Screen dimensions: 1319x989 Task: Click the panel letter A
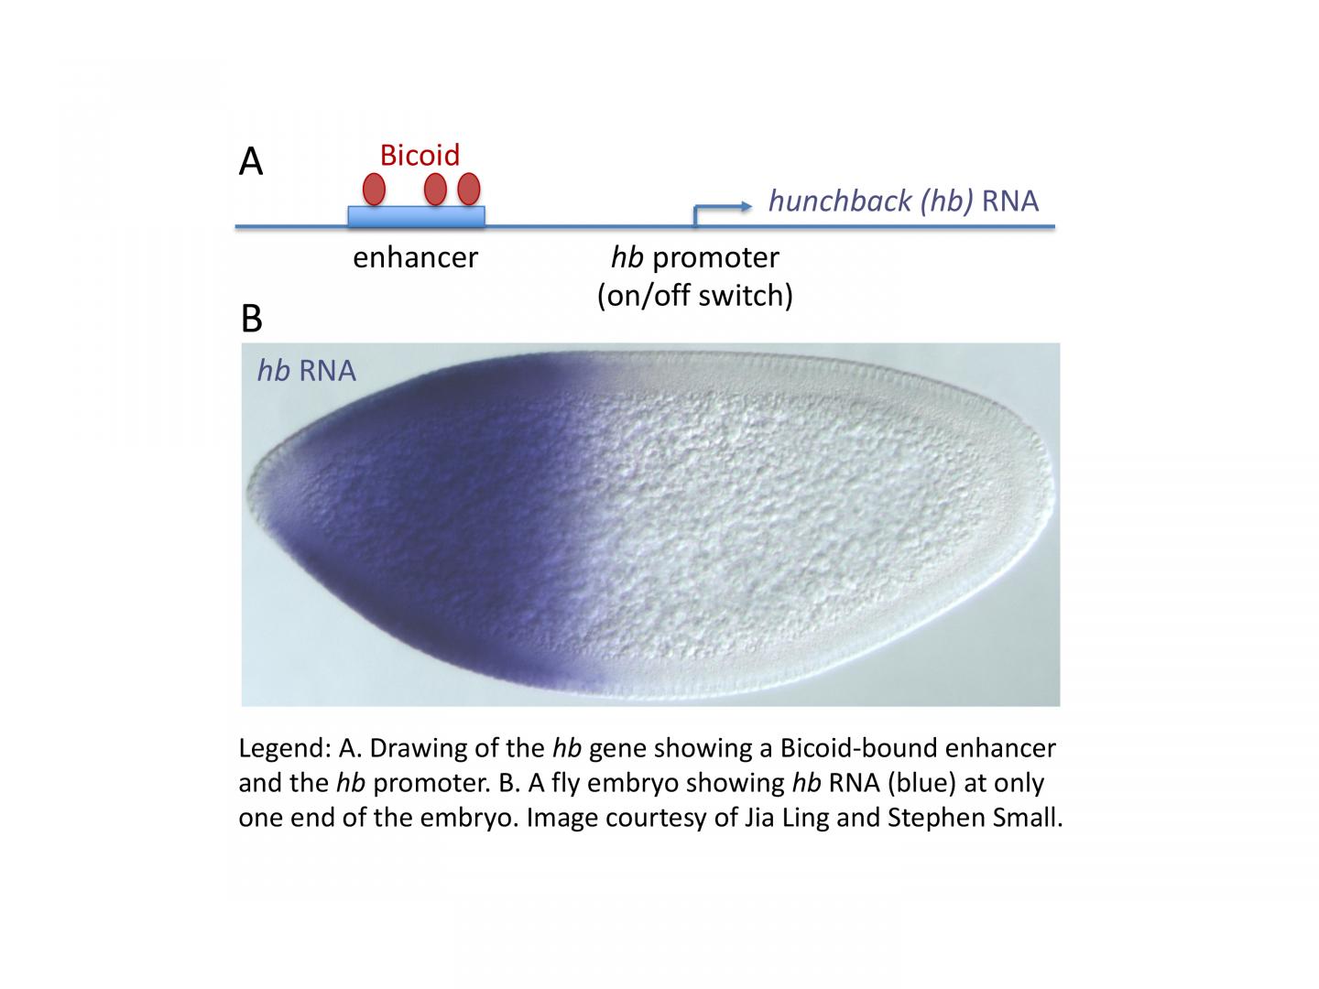(251, 161)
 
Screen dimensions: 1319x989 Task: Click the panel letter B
(252, 319)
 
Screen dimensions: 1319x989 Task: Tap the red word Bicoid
(420, 155)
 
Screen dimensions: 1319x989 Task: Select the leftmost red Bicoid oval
(374, 189)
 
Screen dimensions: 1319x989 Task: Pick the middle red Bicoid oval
(435, 189)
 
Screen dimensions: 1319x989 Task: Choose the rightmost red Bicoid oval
(469, 189)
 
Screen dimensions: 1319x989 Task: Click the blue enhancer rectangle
(417, 216)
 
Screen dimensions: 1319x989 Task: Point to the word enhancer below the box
(415, 257)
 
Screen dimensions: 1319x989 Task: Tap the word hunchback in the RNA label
(840, 201)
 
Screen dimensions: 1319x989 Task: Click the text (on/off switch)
(694, 296)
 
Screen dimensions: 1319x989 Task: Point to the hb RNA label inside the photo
(307, 371)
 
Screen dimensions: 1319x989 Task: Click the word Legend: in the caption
(285, 749)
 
